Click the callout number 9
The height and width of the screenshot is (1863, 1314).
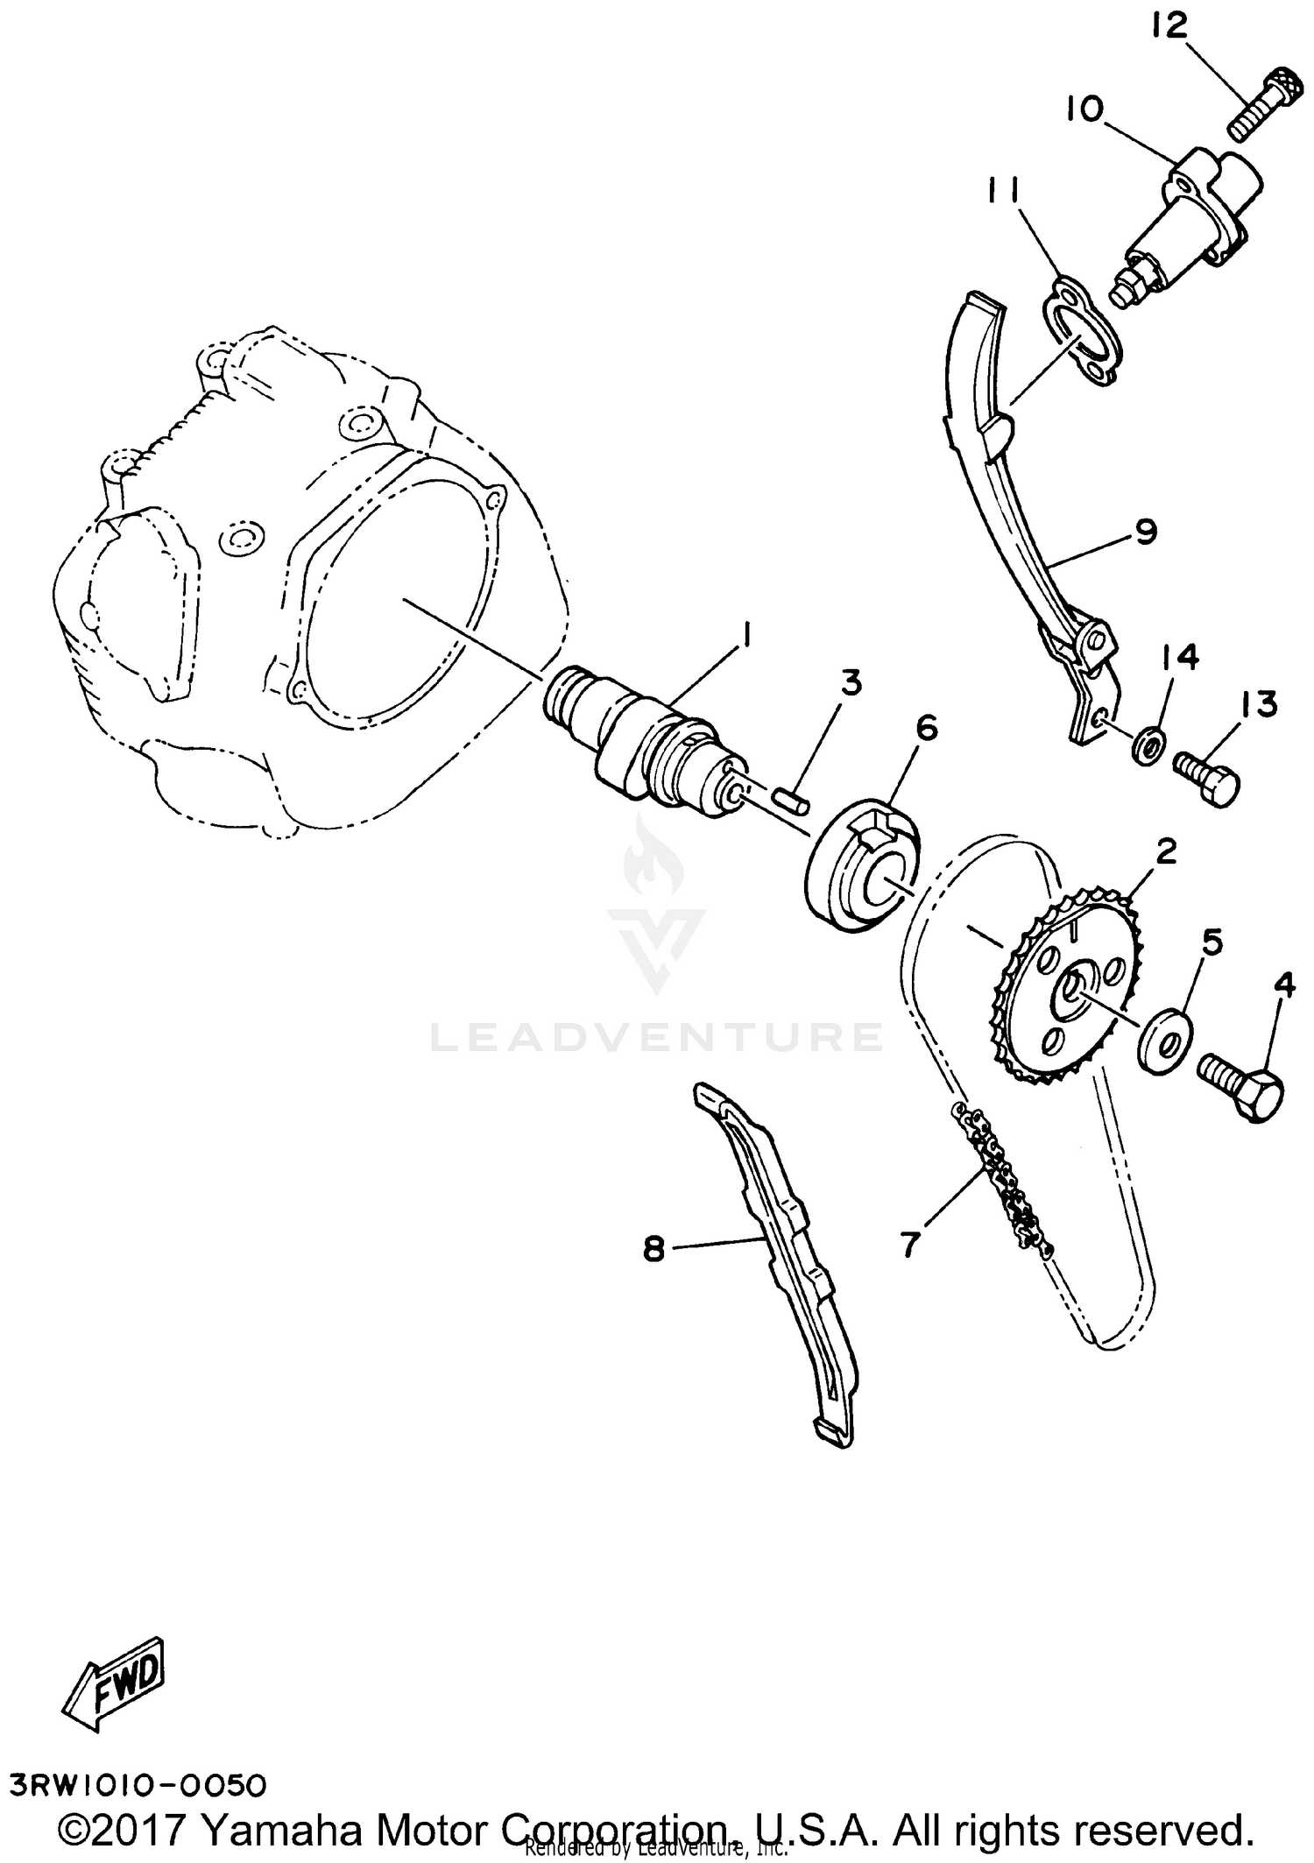click(1146, 532)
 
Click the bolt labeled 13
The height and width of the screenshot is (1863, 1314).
click(1207, 775)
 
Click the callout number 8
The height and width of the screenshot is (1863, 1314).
click(654, 1249)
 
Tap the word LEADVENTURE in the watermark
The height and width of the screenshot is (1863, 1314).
click(656, 1037)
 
